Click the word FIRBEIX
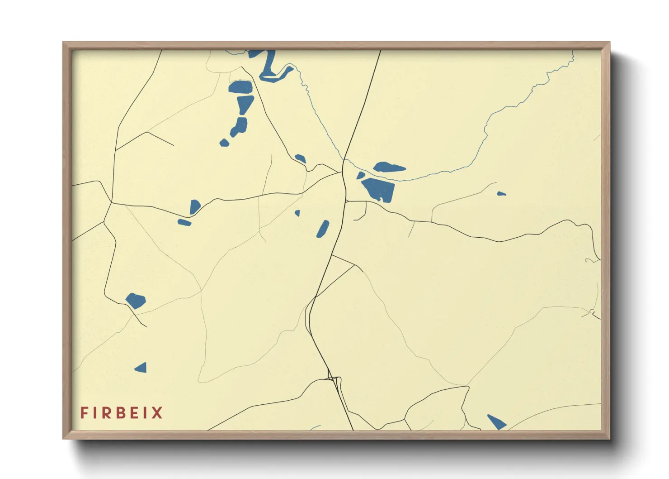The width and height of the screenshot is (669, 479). pos(121,413)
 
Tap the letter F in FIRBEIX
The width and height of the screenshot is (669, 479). pos(84,413)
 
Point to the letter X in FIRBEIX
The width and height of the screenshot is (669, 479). pos(157,413)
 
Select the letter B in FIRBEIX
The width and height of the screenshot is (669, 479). pos(121,413)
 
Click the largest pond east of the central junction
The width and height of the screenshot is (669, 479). pos(379,189)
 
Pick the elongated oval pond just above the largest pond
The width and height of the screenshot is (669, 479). pos(388,168)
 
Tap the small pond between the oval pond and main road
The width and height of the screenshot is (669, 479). pos(360,175)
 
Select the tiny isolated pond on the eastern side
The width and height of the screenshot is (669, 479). pos(501,194)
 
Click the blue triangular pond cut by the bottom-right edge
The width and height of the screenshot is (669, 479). pos(497,422)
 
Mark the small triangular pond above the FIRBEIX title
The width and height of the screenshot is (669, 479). pos(141,368)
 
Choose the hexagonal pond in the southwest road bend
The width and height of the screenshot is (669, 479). pos(135,301)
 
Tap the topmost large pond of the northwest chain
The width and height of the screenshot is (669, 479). pos(240,87)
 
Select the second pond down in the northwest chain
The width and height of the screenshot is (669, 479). pos(245,104)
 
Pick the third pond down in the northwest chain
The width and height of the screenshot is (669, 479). pos(239,126)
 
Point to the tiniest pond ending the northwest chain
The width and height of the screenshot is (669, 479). pos(224,143)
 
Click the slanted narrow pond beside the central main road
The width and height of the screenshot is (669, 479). pos(323,229)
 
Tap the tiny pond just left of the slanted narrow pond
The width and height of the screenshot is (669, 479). pos(297,213)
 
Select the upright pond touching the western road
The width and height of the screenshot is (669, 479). pos(195,206)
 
